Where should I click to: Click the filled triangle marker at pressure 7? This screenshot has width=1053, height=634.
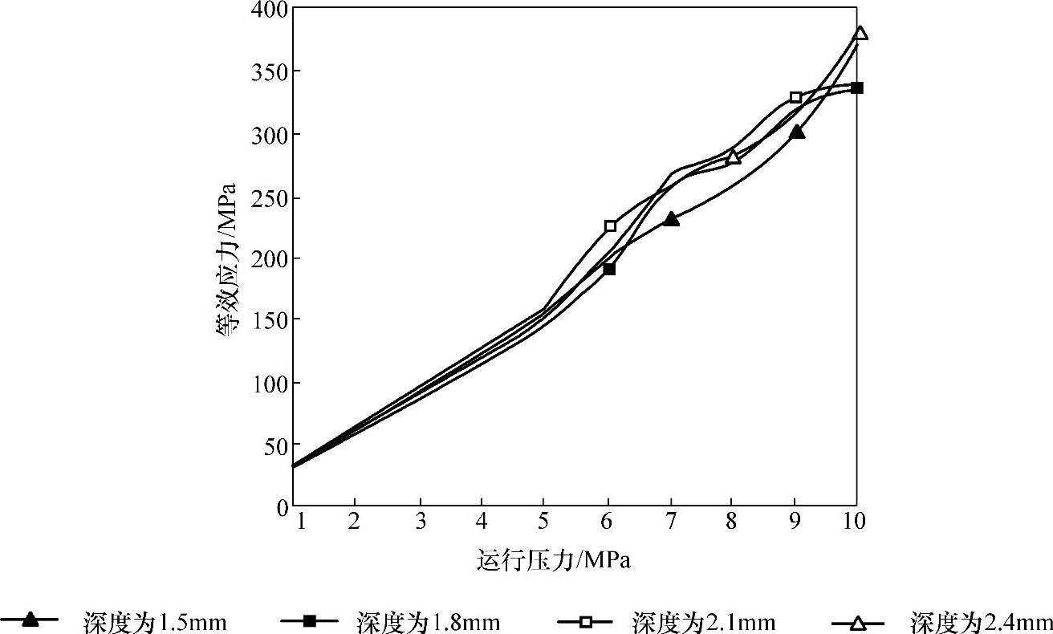[x=671, y=219]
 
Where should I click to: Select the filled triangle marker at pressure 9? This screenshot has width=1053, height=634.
[x=796, y=132]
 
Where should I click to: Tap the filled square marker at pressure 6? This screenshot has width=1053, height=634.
[x=609, y=269]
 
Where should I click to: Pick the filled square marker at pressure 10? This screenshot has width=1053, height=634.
[x=856, y=87]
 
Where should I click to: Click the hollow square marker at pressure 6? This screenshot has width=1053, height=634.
[x=610, y=226]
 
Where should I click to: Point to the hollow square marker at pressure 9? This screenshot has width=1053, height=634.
[x=795, y=97]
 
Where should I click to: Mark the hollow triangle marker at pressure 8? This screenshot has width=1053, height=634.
[x=733, y=156]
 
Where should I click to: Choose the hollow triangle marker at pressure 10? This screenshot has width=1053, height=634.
[x=860, y=33]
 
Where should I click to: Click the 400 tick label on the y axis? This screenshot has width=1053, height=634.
[x=269, y=10]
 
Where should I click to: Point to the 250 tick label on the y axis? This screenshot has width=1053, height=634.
[x=269, y=197]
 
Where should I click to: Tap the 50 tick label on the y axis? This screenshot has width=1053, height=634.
[x=274, y=445]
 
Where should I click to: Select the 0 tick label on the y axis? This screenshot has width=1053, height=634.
[x=280, y=507]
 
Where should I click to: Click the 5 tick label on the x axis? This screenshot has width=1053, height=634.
[x=543, y=522]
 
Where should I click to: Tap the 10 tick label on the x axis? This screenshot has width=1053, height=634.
[x=855, y=522]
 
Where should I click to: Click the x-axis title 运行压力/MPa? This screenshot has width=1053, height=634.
[x=553, y=560]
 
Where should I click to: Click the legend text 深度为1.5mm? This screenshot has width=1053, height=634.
[x=153, y=622]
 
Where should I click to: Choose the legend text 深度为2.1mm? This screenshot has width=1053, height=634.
[x=703, y=622]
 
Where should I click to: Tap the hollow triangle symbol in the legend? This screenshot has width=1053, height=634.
[x=857, y=621]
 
